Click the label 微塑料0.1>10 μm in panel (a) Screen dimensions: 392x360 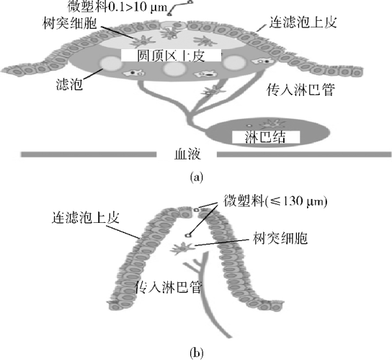117,6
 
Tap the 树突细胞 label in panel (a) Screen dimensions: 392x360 70,23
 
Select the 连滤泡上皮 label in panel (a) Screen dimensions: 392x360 303,22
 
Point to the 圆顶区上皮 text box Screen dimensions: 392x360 171,56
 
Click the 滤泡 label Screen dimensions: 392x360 69,84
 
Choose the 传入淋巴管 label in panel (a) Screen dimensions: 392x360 300,90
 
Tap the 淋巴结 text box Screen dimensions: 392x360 266,137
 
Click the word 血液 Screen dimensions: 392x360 187,154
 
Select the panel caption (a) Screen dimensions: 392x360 197,177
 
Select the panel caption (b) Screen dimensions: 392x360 197,353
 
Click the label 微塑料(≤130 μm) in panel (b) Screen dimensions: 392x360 275,201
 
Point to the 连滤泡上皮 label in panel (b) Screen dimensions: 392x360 86,217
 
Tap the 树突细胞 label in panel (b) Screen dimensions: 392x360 280,238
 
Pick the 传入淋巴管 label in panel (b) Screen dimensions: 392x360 168,287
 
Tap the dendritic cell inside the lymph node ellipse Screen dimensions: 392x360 272,124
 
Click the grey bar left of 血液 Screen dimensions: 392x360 89,154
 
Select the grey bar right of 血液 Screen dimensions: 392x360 304,154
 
